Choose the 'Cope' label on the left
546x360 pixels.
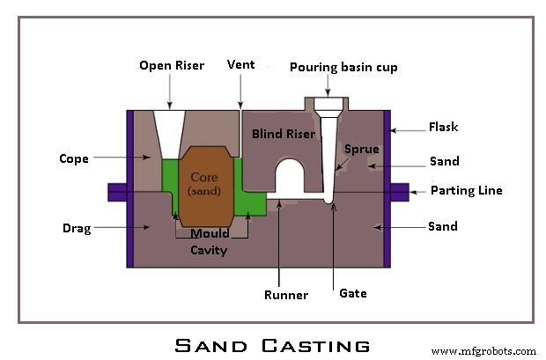73,159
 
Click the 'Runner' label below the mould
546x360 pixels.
286,295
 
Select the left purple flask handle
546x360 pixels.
117,191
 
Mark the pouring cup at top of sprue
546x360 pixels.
327,105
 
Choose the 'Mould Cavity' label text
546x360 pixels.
210,242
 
